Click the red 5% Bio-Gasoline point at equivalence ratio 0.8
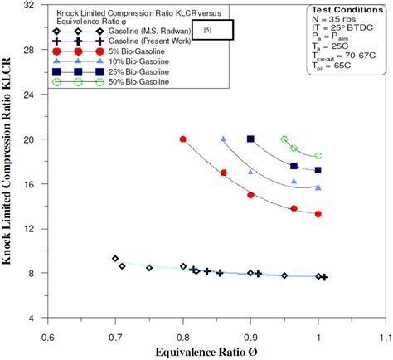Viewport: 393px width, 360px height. click(x=183, y=139)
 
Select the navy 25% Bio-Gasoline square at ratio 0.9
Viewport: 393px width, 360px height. click(x=251, y=139)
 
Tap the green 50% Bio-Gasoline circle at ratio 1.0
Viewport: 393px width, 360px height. click(x=318, y=156)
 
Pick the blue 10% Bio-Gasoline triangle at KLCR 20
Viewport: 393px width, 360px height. click(x=224, y=139)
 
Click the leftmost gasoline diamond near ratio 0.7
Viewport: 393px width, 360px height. click(x=115, y=259)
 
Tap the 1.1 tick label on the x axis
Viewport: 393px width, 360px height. click(x=386, y=338)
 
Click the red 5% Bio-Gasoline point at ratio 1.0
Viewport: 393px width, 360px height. click(x=318, y=214)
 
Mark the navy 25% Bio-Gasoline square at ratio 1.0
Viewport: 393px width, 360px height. click(x=318, y=170)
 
